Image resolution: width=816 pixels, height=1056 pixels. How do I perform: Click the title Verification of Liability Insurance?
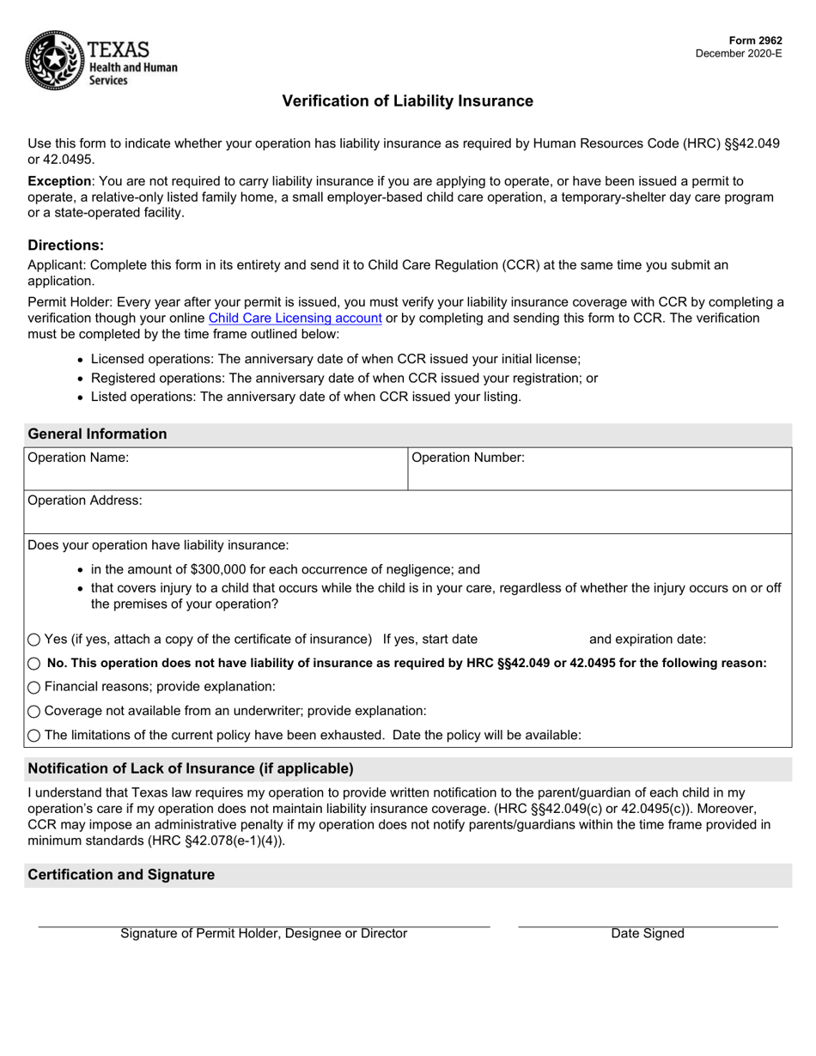(407, 101)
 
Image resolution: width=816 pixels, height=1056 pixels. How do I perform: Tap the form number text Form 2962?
(754, 40)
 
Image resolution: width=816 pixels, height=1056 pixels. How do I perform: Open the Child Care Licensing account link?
(295, 319)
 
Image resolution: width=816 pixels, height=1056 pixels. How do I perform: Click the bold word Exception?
(59, 181)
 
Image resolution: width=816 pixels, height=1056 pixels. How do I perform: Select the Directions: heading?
(65, 245)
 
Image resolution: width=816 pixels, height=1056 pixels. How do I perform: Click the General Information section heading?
(97, 434)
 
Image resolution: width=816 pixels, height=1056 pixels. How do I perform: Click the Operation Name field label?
(78, 458)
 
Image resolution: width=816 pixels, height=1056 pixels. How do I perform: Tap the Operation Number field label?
(467, 458)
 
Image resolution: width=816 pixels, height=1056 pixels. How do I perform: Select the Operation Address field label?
(85, 500)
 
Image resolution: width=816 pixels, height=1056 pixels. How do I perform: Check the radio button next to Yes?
(34, 640)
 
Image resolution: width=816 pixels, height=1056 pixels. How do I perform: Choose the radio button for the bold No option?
(34, 664)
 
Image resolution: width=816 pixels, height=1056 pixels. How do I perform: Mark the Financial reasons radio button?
(34, 687)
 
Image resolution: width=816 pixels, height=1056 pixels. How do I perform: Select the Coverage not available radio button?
(34, 711)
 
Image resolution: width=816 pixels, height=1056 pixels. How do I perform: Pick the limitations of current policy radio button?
(34, 735)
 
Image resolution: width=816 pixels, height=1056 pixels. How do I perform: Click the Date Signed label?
(647, 933)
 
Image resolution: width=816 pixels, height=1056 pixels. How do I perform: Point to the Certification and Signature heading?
(121, 875)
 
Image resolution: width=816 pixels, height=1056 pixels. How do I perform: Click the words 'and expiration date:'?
(648, 639)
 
